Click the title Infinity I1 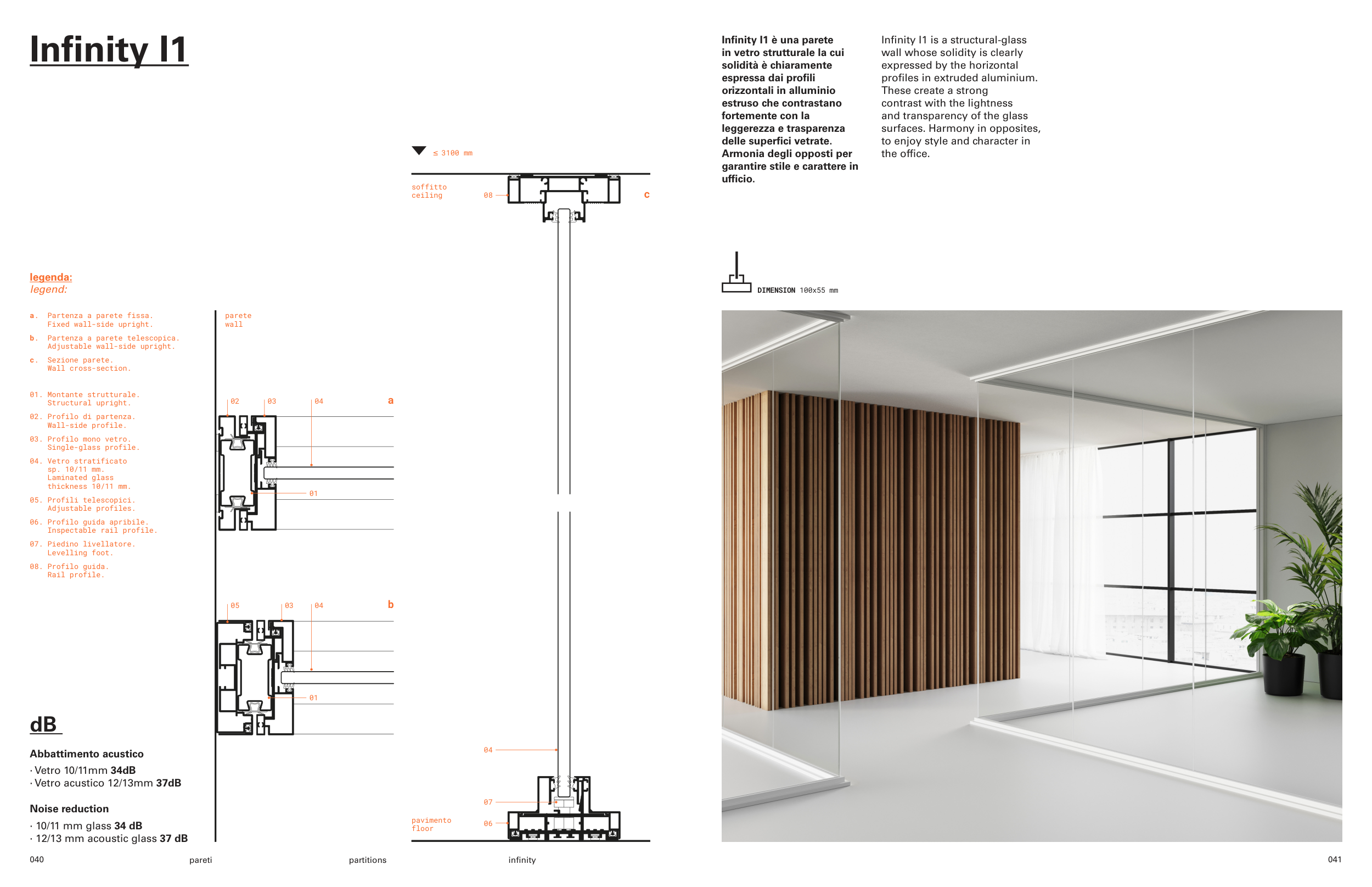[109, 49]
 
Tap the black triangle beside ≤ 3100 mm [418, 150]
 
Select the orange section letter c [646, 194]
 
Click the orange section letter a [390, 400]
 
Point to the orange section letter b [390, 604]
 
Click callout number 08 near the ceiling [487, 196]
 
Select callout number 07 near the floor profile [487, 802]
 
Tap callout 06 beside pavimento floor [487, 824]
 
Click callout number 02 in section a [235, 401]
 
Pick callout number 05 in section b [235, 605]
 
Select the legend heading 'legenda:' [50, 277]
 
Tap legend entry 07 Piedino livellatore [82, 548]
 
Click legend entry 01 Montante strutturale [85, 399]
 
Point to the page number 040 [37, 860]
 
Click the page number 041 [1334, 860]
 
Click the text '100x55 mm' [818, 291]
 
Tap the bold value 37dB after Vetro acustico [168, 783]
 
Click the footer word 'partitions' [367, 860]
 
